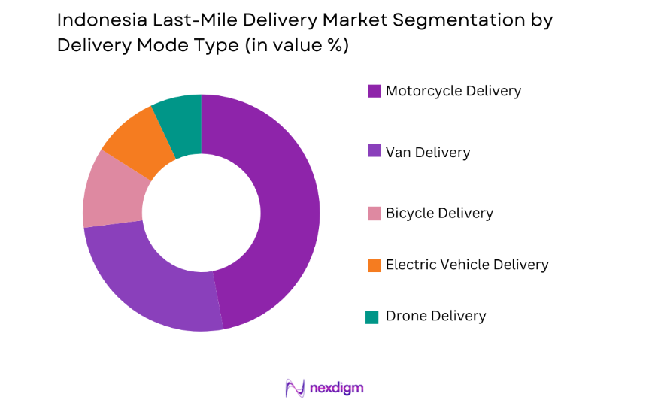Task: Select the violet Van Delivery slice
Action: [150, 278]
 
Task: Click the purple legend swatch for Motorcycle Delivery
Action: [374, 91]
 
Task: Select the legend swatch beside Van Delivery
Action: [374, 151]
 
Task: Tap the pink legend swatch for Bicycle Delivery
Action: [374, 214]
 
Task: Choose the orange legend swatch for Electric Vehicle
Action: [374, 265]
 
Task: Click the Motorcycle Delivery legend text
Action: [453, 91]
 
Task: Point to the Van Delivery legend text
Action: [428, 153]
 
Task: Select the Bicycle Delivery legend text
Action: [439, 214]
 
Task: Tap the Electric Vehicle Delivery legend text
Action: [467, 265]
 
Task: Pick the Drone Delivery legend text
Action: [436, 317]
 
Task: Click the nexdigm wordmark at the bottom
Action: [336, 388]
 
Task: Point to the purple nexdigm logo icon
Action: [294, 388]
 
